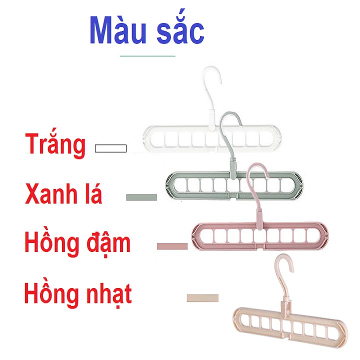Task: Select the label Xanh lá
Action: click(63, 193)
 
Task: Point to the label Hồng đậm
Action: click(77, 243)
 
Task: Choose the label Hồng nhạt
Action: click(78, 293)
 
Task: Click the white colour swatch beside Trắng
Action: click(111, 148)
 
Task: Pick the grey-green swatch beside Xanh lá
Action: click(141, 197)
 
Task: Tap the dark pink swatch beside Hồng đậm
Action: click(171, 246)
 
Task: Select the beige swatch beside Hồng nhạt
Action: click(202, 298)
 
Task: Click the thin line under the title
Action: click(148, 56)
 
